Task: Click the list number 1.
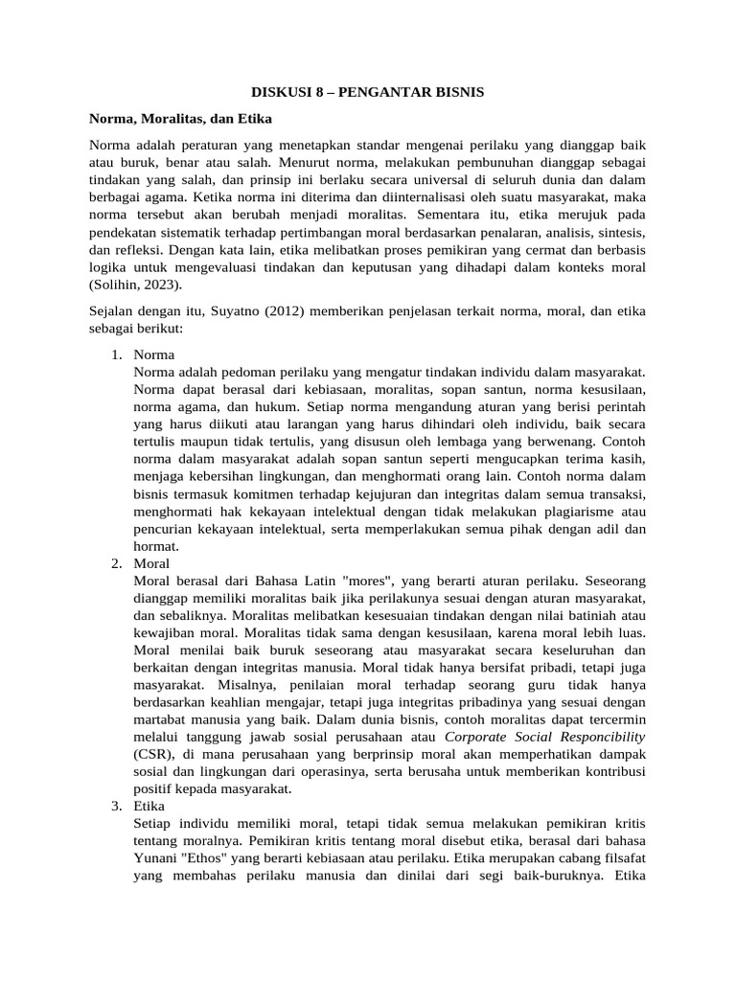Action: coord(117,354)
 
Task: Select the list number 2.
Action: coord(117,563)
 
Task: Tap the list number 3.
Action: coord(117,807)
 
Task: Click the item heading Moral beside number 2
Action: coord(153,563)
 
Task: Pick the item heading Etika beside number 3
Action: coord(151,807)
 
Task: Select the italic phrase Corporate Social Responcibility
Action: coord(545,737)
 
